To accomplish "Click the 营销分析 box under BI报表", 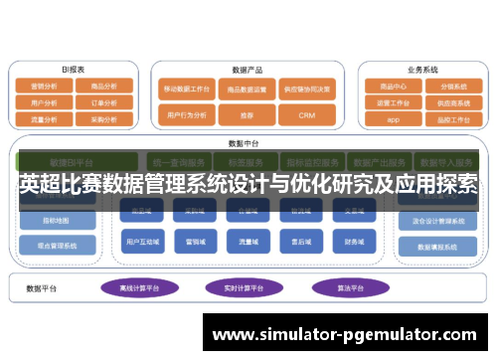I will point(44,87).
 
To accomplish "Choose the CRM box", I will point(306,115).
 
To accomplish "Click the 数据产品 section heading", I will point(246,70).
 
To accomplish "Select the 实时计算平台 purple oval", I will point(242,288).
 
